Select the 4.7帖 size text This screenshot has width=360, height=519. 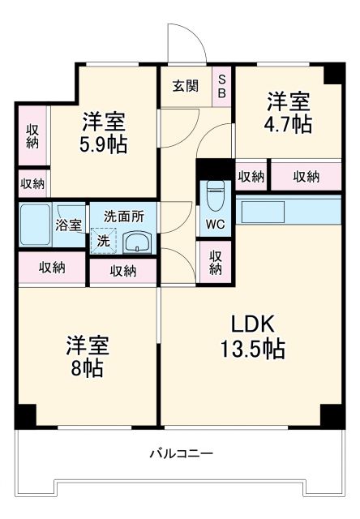click(x=287, y=124)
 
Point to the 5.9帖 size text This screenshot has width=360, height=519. click(x=102, y=144)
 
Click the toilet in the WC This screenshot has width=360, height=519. click(x=215, y=195)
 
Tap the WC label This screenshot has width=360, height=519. click(x=215, y=225)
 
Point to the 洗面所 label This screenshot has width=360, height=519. click(x=124, y=217)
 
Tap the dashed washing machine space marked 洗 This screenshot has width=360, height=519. click(x=104, y=241)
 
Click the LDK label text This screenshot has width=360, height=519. click(x=256, y=324)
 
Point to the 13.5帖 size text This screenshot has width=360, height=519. click(x=256, y=350)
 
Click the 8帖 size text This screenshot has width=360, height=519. click(x=86, y=369)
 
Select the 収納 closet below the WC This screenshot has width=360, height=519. click(x=215, y=263)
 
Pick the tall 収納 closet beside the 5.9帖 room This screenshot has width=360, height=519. click(x=32, y=137)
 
